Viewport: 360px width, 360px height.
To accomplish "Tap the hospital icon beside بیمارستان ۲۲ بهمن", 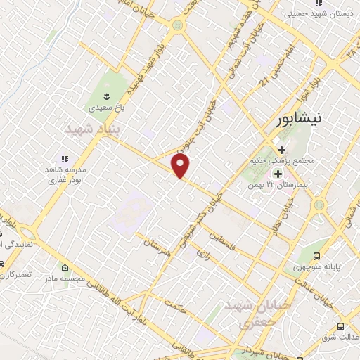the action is pyautogui.click(x=278, y=174).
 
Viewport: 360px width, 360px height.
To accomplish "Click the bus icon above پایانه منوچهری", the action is pyautogui.click(x=316, y=256).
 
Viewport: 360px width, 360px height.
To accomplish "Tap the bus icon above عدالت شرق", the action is pyautogui.click(x=341, y=326).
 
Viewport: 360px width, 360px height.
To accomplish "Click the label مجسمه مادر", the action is pyautogui.click(x=83, y=278).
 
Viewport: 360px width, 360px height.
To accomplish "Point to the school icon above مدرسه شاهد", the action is pyautogui.click(x=65, y=160).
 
